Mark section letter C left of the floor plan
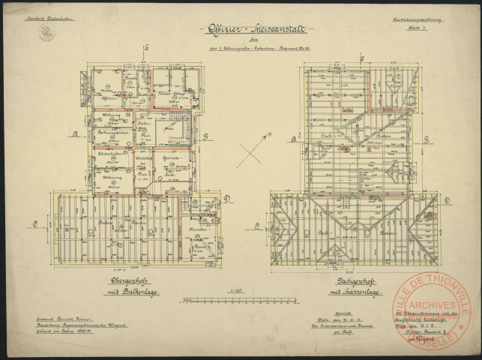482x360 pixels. click(36, 222)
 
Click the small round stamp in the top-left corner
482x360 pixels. click(46, 34)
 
